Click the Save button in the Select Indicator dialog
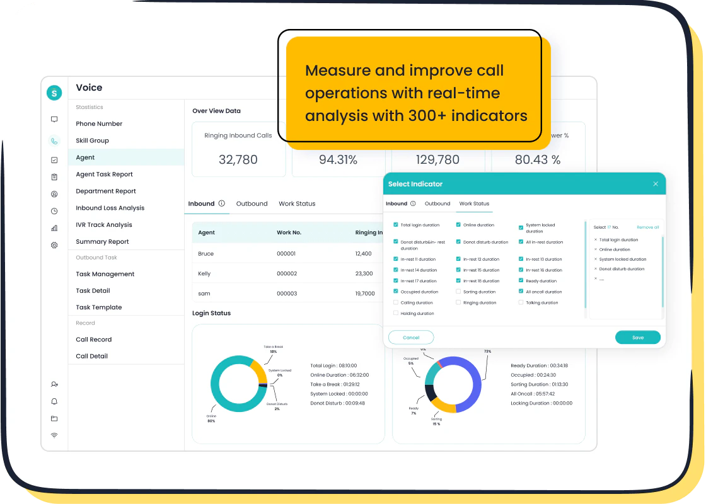[x=637, y=337]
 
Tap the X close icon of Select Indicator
[x=656, y=184]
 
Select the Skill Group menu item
[x=92, y=140]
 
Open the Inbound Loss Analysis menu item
[x=110, y=208]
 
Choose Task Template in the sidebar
[x=98, y=307]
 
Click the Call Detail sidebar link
[x=91, y=356]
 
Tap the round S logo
[x=54, y=93]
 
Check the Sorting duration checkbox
[x=458, y=292]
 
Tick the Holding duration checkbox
[x=396, y=313]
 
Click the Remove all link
[x=647, y=227]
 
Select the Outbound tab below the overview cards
[x=252, y=203]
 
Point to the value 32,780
[x=238, y=160]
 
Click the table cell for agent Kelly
[x=204, y=273]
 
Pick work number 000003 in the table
[x=286, y=294]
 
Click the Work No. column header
[x=289, y=232]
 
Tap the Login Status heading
[x=211, y=313]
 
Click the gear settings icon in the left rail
[x=54, y=245]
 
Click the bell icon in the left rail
[x=54, y=401]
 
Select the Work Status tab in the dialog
[x=474, y=203]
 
